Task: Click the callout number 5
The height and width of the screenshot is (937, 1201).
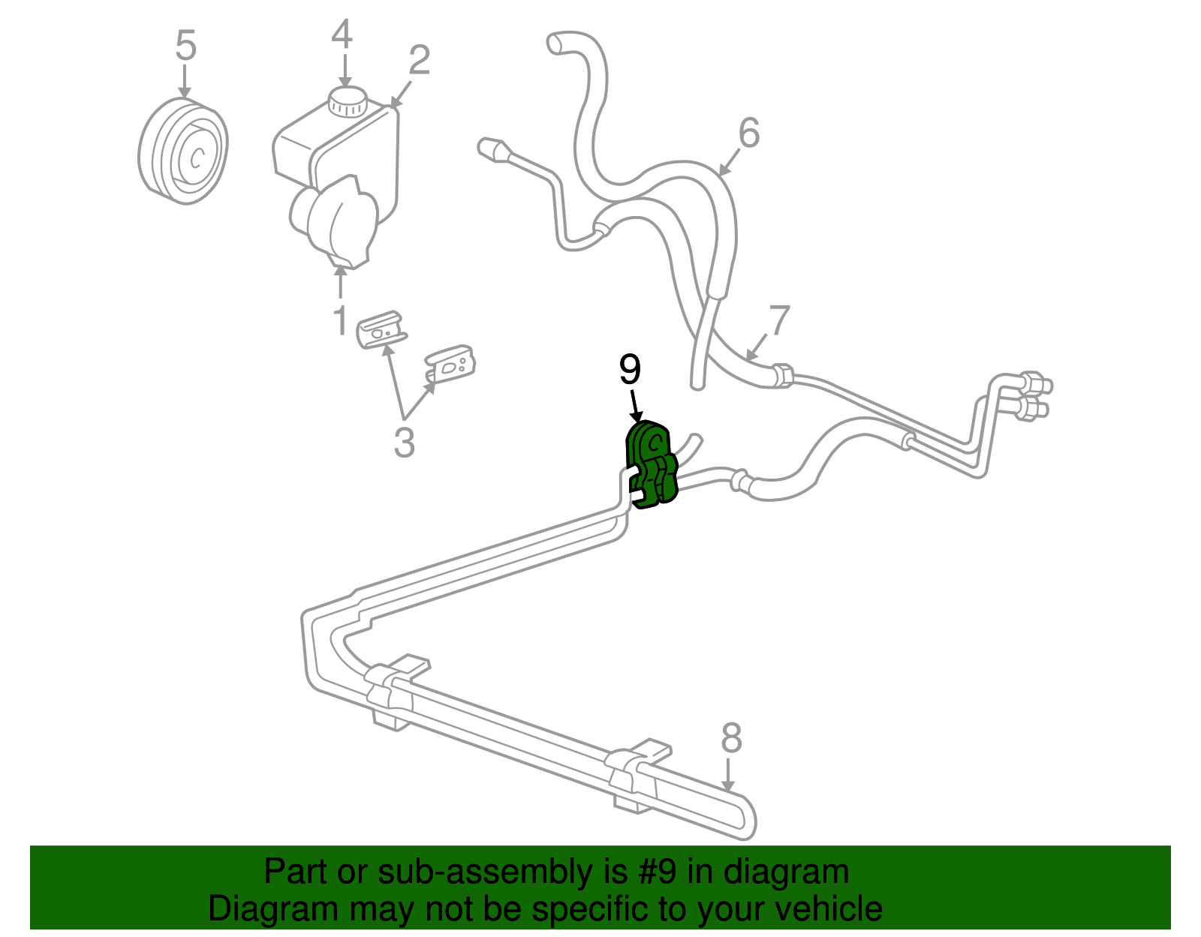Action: pyautogui.click(x=185, y=46)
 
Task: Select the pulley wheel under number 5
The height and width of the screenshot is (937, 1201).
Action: pyautogui.click(x=184, y=151)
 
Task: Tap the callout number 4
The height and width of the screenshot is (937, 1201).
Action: pyautogui.click(x=342, y=35)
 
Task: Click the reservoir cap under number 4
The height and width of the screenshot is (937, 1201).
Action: pyautogui.click(x=347, y=101)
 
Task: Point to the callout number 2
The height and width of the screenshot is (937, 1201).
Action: pyautogui.click(x=419, y=60)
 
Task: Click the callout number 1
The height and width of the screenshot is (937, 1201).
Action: pyautogui.click(x=340, y=320)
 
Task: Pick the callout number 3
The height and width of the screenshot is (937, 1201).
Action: pyautogui.click(x=404, y=443)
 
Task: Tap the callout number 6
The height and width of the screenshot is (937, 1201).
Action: pyautogui.click(x=748, y=133)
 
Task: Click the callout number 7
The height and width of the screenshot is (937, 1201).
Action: pyautogui.click(x=779, y=320)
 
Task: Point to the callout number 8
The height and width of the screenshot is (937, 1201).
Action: pyautogui.click(x=730, y=738)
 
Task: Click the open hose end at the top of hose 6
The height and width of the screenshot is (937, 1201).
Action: pyautogui.click(x=557, y=44)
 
